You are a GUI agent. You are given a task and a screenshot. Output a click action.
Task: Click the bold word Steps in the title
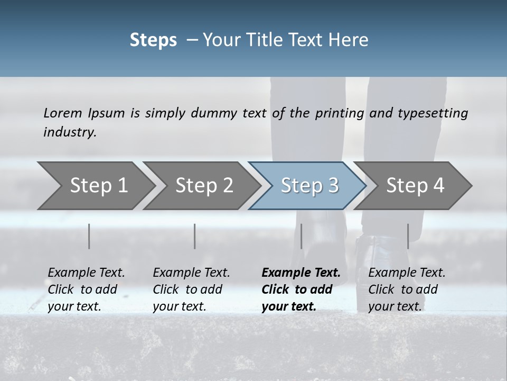coord(153,40)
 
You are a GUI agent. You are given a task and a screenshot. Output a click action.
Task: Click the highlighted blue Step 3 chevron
coord(309,186)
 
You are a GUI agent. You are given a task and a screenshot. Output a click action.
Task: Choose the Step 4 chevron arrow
coord(415,186)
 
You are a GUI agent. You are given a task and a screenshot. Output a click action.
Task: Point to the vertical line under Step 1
coord(89,236)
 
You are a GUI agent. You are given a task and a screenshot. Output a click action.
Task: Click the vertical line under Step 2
coord(195,236)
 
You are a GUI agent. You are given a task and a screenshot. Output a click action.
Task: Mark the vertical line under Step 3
coord(301,236)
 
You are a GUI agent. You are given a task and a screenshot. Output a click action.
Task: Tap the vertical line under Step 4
coord(408,236)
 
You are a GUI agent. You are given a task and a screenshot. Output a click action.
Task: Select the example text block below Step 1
coord(86,289)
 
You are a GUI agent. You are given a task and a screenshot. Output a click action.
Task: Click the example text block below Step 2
coord(191,289)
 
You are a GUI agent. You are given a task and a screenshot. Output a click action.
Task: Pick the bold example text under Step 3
coord(301,289)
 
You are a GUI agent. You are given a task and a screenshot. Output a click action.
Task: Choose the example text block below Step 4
coord(407,289)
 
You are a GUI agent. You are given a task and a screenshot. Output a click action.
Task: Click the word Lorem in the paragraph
coord(62,113)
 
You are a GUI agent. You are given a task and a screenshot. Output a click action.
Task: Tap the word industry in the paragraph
coord(70,132)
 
